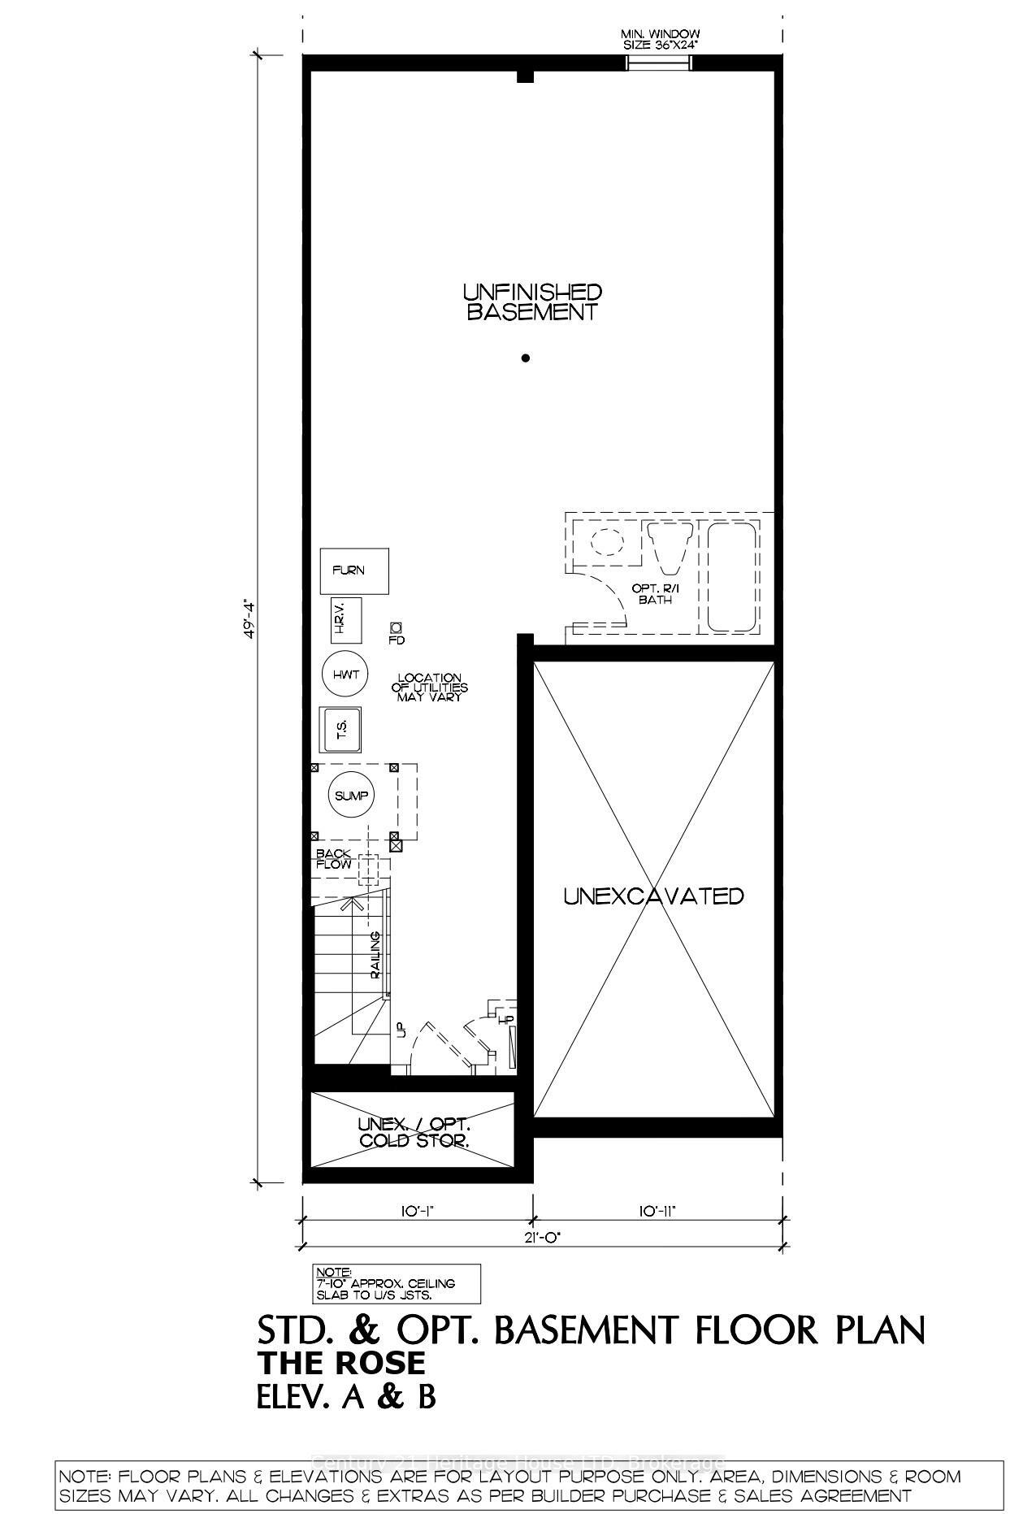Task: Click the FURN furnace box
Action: tap(353, 570)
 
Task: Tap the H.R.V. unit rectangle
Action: tap(341, 618)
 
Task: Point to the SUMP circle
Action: tap(351, 796)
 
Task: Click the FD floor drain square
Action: tap(397, 627)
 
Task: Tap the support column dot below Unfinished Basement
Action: tap(526, 358)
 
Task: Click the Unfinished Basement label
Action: tap(532, 301)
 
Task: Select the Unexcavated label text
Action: tap(653, 896)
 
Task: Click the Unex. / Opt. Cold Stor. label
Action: tap(414, 1132)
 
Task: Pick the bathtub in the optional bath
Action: tap(731, 577)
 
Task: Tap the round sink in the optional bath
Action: tap(605, 540)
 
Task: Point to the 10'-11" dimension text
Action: tap(657, 1211)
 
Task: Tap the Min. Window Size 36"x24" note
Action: tap(660, 40)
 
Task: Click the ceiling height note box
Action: tap(396, 1283)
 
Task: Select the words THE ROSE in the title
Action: tap(340, 1362)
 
